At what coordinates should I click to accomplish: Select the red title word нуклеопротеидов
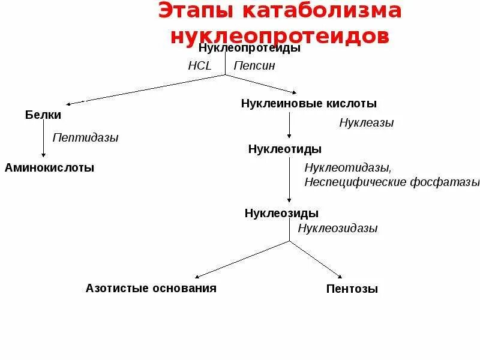tap(280, 35)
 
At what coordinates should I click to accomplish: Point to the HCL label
tap(200, 66)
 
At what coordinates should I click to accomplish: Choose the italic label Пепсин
tap(254, 66)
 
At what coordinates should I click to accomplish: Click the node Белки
tap(43, 114)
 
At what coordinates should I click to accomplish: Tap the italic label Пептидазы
tap(85, 137)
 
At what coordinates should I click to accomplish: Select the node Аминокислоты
tap(49, 167)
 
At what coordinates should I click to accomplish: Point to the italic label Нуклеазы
tap(366, 123)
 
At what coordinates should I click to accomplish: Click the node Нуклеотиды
tap(284, 149)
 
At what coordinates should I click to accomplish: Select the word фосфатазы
tap(444, 181)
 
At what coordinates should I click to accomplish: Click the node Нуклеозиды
tap(281, 213)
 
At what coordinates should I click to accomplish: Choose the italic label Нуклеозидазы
tap(338, 228)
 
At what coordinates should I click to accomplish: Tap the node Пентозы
tap(352, 289)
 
